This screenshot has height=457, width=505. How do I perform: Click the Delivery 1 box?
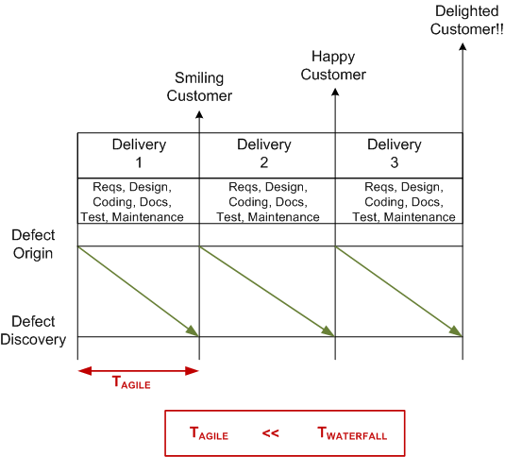[139, 154]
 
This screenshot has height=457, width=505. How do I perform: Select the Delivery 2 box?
[267, 154]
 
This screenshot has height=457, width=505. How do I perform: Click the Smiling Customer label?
[199, 87]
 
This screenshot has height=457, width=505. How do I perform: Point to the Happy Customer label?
[339, 66]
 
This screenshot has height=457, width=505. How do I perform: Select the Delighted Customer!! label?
[463, 20]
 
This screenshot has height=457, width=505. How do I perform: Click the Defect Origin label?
[33, 245]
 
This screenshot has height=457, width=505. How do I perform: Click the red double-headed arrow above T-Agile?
[139, 370]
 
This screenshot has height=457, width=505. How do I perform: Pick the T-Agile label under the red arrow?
[131, 384]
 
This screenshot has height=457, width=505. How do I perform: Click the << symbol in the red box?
[271, 433]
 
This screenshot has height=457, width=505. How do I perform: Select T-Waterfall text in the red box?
[351, 434]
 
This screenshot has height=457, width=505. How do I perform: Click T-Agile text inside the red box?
[209, 434]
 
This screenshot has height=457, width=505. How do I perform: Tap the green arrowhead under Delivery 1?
[193, 331]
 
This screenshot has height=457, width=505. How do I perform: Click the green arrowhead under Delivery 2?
[328, 331]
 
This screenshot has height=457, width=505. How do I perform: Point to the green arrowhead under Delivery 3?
[456, 331]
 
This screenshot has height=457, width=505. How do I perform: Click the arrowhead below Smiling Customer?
[199, 114]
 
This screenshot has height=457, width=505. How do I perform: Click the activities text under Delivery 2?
[267, 202]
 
